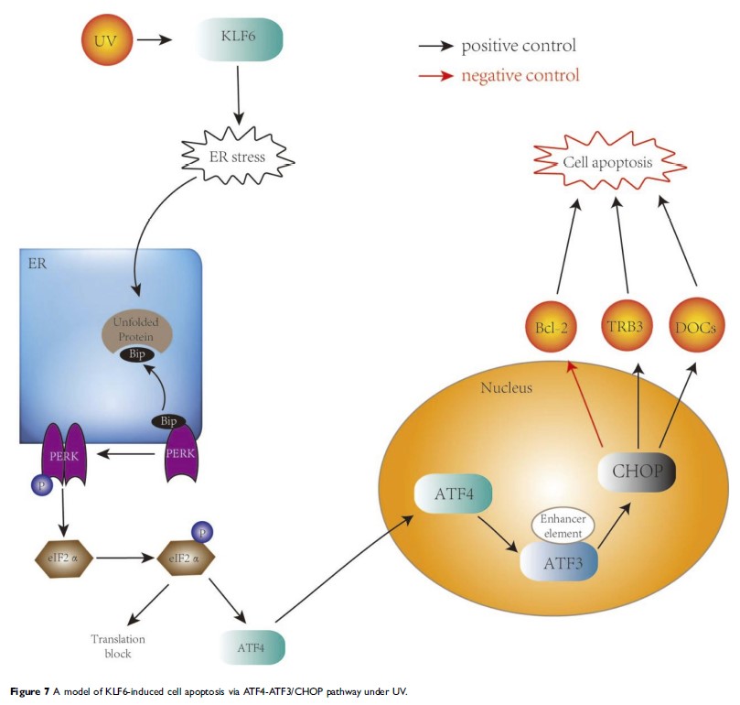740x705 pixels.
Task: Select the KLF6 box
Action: [240, 41]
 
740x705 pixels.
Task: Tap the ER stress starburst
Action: [236, 157]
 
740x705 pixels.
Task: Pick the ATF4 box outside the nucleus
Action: [252, 646]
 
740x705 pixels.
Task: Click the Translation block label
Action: [117, 646]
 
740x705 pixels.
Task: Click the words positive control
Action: [519, 45]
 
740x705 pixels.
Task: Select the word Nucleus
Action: [506, 387]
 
